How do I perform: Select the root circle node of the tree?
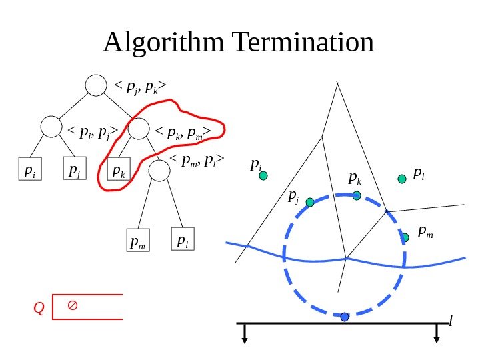[97, 85]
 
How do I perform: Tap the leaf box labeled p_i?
[27, 171]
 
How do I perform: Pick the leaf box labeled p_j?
[73, 170]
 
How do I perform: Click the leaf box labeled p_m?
[139, 242]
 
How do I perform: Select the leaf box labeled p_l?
[182, 240]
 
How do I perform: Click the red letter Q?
[39, 307]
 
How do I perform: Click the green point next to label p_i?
[263, 176]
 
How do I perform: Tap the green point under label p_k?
[357, 195]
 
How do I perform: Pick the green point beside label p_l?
[402, 179]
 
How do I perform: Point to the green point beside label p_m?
[405, 237]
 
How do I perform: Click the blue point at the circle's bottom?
[345, 317]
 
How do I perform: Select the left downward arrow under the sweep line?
[245, 333]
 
